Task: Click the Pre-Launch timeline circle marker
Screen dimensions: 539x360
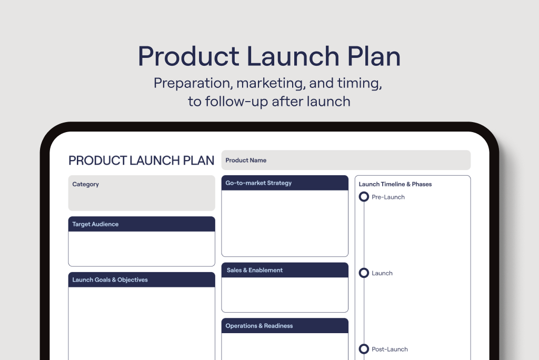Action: (364, 193)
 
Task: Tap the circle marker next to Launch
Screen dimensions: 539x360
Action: (364, 268)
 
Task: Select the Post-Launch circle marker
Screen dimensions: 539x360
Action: (364, 345)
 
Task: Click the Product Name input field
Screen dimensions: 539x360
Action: (346, 160)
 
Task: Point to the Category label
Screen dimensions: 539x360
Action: (86, 184)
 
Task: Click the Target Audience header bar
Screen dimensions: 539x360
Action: (142, 224)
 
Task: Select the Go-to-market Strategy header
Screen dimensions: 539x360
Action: (285, 183)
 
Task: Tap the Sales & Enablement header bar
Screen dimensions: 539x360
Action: (285, 270)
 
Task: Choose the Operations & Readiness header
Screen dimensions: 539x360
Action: (285, 326)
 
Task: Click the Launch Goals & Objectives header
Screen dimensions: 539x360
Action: (142, 279)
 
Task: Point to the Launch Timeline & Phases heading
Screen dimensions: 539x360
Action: (395, 184)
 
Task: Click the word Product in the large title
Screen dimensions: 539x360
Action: (188, 56)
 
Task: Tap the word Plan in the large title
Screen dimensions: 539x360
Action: (374, 56)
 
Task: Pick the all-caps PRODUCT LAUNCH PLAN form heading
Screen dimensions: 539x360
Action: (141, 161)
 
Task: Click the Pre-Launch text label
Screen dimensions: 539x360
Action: (388, 197)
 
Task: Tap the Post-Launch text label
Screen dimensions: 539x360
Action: (390, 349)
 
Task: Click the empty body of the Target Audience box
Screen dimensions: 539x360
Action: (142, 248)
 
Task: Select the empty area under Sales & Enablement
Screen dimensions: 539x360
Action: (285, 295)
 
